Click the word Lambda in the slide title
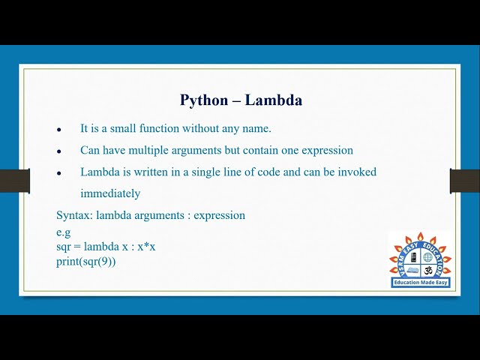[277, 100]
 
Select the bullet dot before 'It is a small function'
[59, 130]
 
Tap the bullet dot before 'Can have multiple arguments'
[59, 151]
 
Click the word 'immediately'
[110, 193]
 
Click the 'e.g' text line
[63, 232]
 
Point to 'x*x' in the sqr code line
[145, 246]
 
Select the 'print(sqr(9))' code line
[86, 261]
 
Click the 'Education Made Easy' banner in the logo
[420, 283]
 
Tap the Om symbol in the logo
[428, 270]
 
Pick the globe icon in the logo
[428, 257]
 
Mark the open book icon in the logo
[412, 270]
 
